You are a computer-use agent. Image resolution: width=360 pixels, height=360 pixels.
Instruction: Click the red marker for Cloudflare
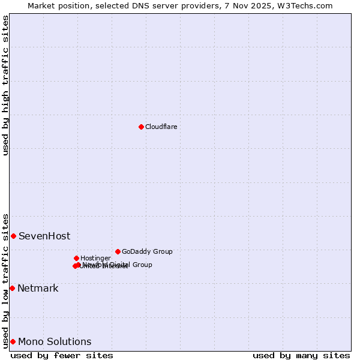pos(141,127)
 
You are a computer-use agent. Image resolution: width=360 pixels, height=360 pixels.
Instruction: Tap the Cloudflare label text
pos(161,127)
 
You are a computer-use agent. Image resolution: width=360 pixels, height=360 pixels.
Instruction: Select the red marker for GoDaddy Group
pos(118,251)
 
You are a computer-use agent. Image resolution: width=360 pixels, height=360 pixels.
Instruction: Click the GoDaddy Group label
pos(147,251)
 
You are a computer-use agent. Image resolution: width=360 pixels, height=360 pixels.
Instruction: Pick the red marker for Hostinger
pos(76,258)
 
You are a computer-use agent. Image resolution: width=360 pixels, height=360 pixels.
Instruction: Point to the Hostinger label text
pos(95,258)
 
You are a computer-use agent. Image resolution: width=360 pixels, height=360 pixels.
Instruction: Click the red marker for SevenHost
pos(13,236)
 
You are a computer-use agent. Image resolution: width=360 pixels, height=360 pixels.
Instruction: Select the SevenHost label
pos(44,236)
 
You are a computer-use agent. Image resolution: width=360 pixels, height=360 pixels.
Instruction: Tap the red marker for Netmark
pos(12,288)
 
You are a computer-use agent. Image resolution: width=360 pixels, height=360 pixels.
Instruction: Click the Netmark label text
pos(38,288)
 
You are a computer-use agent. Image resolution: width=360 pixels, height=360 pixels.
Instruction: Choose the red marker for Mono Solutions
pos(13,341)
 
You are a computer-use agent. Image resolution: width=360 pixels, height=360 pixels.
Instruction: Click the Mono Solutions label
pos(55,341)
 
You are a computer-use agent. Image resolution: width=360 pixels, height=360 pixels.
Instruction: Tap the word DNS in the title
pos(144,5)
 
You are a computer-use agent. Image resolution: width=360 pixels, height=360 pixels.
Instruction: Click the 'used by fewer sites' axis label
pos(62,355)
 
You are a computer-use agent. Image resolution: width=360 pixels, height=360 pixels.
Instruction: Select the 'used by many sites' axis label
pos(301,355)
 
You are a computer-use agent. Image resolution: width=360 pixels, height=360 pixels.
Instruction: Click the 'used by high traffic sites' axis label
pos(5,85)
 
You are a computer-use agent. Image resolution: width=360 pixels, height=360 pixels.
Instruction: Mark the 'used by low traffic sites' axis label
pos(5,280)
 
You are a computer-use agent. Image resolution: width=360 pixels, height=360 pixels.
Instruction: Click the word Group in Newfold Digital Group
pos(142,265)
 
